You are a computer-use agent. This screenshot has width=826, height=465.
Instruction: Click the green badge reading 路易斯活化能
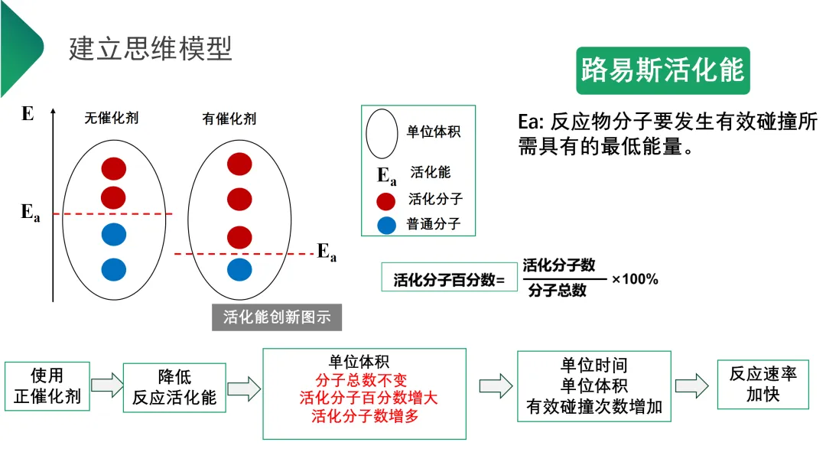(x=662, y=70)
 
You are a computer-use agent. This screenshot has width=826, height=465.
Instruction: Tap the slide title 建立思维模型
(x=151, y=48)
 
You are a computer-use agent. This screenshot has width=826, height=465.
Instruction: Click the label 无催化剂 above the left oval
(x=112, y=119)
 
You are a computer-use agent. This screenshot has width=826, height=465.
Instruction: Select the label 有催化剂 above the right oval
(x=229, y=119)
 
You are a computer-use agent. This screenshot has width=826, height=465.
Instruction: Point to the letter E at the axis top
(x=28, y=115)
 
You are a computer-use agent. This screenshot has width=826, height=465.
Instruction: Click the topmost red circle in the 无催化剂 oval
(x=113, y=168)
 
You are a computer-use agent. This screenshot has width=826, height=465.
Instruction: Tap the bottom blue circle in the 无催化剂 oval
(x=113, y=269)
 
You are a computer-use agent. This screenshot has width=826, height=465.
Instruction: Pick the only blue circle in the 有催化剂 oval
(x=239, y=269)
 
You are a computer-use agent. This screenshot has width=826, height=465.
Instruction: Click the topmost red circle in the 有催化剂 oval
(x=239, y=164)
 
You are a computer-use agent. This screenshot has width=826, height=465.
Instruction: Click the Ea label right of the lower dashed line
(x=327, y=252)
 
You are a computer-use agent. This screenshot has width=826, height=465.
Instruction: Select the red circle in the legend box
(x=386, y=201)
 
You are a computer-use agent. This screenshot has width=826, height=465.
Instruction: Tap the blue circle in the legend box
(x=386, y=226)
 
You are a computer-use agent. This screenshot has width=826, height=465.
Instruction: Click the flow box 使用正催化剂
(x=47, y=387)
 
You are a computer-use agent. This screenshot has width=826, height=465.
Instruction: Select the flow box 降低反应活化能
(x=174, y=387)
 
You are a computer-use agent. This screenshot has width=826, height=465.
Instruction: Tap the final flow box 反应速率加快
(x=763, y=384)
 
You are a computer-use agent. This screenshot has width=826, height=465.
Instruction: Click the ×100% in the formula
(x=635, y=279)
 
